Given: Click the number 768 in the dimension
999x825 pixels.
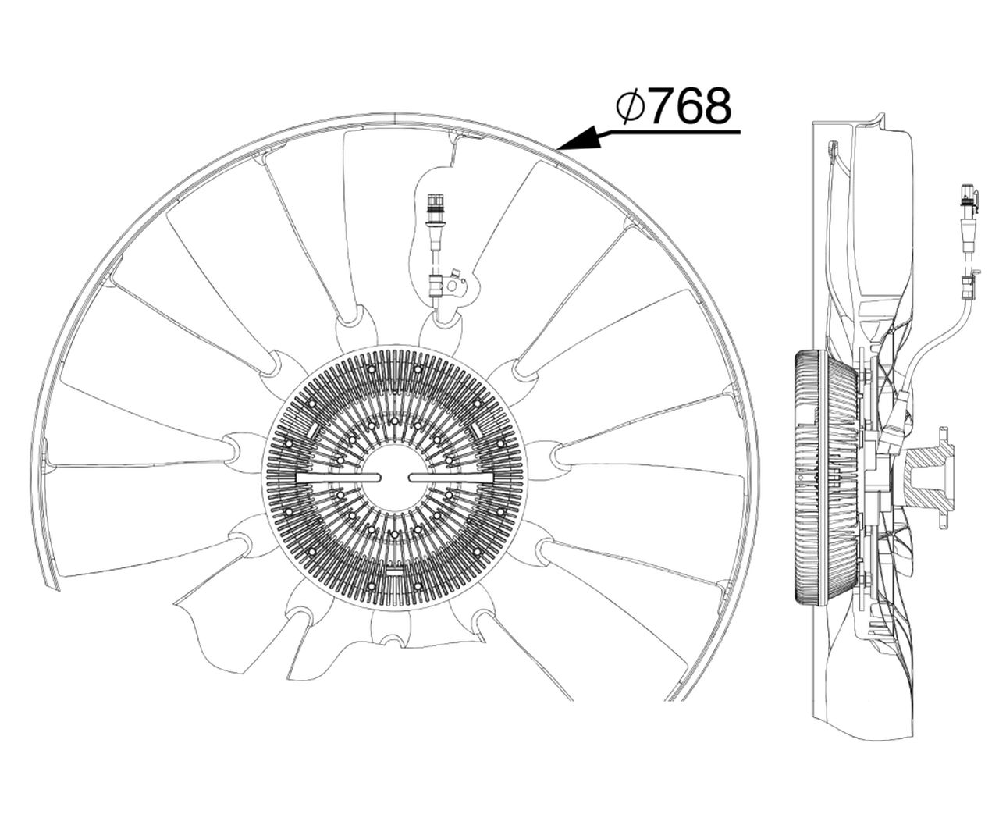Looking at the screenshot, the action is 691,106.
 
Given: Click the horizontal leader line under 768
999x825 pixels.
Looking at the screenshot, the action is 669,132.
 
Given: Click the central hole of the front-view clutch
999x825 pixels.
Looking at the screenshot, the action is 395,478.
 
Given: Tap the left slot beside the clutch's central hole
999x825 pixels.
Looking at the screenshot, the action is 339,478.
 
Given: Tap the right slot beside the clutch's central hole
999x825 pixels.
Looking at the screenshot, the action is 450,478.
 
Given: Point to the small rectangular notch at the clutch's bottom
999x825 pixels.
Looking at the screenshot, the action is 395,572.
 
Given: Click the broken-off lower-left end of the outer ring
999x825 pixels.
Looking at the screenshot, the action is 50,580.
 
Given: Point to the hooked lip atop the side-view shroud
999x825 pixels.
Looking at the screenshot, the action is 878,122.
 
